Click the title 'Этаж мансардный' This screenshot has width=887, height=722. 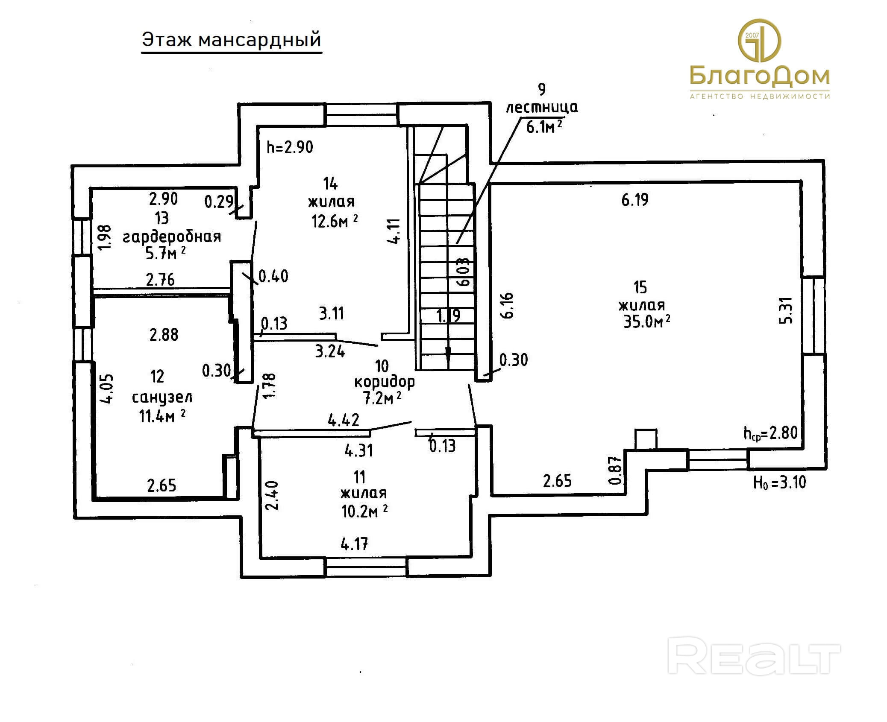point(231,40)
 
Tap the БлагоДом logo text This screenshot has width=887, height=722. point(759,76)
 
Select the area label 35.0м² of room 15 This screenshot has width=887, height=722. point(646,322)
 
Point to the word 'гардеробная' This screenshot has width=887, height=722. point(172,236)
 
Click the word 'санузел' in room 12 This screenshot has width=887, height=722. point(162,398)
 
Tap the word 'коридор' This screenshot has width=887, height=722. point(384,381)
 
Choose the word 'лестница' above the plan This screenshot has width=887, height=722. point(542,107)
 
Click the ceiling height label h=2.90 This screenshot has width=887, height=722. point(290,147)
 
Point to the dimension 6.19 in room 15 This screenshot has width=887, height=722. point(634,200)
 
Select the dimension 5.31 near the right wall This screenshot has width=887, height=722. point(786,310)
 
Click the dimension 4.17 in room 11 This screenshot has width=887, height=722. point(354,544)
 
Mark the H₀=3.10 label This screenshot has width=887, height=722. point(779,482)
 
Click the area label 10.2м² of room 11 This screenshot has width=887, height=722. point(364,511)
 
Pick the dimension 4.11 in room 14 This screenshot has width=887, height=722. point(394,231)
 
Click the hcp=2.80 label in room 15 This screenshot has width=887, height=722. point(770,433)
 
